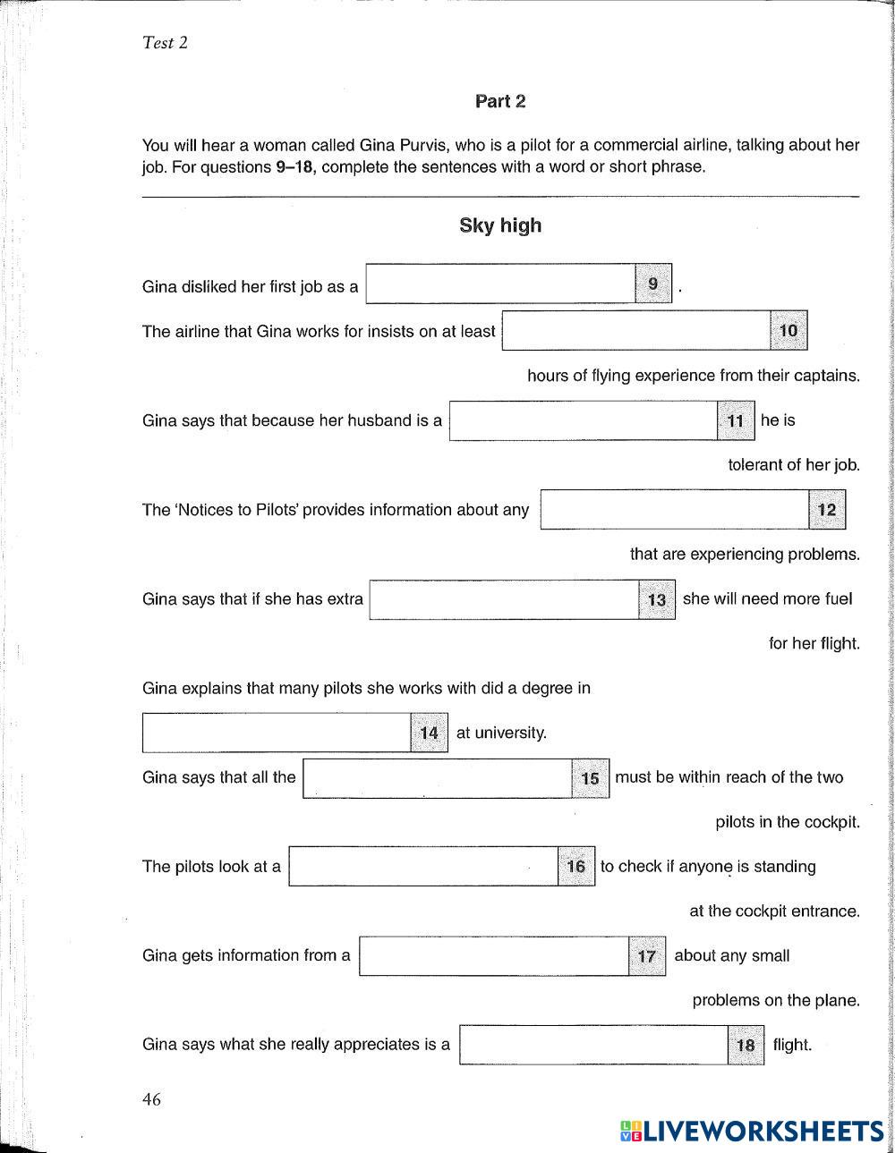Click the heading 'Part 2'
tap(500, 102)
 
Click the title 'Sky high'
tap(500, 225)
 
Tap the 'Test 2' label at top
tap(165, 42)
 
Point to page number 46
tap(151, 1100)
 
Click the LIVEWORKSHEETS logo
tap(752, 1131)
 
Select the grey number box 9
tap(652, 284)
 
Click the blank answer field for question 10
tap(635, 331)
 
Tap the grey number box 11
tap(736, 420)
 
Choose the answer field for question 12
tap(675, 510)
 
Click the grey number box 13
tap(657, 599)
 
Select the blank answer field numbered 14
tap(277, 733)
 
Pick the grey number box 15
tap(590, 778)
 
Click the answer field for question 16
tap(423, 867)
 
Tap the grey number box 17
tap(647, 956)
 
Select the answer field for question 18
tap(593, 1045)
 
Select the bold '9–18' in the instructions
tap(296, 167)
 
